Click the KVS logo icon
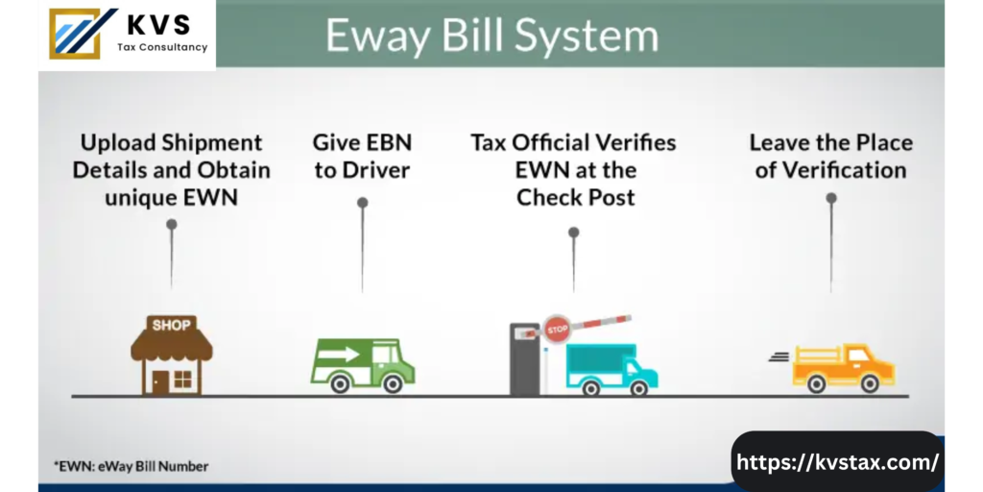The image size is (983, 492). click(81, 34)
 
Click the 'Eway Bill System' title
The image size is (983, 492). click(491, 36)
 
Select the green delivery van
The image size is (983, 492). click(362, 364)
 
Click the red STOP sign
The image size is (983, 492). click(558, 327)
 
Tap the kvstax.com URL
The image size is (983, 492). click(837, 462)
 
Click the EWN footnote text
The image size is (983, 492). click(131, 466)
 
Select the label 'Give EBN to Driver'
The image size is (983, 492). click(362, 157)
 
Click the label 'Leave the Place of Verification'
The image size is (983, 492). click(830, 157)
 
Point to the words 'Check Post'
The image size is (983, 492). click(575, 197)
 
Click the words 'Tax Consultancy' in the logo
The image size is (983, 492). click(161, 47)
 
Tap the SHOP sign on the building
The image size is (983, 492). click(171, 324)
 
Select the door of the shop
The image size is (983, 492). click(157, 379)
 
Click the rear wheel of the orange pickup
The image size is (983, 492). click(816, 384)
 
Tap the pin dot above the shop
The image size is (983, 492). click(171, 224)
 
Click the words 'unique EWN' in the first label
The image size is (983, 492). click(171, 197)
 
